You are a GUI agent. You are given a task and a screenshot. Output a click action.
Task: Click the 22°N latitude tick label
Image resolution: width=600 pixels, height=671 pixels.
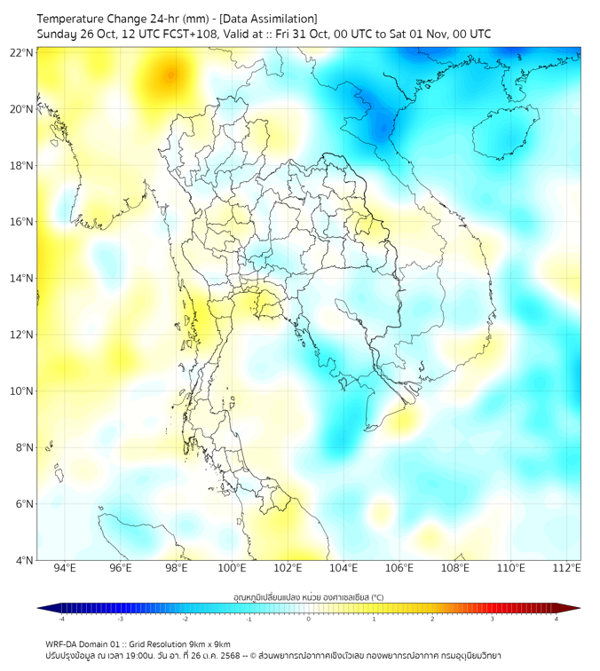click(21, 52)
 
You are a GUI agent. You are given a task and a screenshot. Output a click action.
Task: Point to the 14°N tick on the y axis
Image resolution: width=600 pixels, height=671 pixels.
click(21, 279)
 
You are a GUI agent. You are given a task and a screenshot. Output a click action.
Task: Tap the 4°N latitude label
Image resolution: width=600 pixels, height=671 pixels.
click(24, 560)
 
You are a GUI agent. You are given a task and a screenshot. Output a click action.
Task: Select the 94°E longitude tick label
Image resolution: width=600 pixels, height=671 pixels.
click(65, 569)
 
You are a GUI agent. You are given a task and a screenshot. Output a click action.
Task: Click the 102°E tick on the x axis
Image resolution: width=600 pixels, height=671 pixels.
click(288, 569)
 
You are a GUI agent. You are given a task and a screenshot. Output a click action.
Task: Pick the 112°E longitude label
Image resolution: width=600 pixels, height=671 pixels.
click(566, 569)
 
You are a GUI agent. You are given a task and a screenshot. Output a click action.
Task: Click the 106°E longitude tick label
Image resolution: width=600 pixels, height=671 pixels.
click(399, 569)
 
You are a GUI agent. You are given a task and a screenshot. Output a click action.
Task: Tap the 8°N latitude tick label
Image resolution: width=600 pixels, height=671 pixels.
click(24, 447)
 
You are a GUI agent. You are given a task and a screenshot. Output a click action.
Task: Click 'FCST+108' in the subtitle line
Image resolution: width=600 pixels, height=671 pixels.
click(181, 34)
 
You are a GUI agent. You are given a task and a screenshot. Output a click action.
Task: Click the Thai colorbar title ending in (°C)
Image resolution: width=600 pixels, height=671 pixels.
click(308, 597)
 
